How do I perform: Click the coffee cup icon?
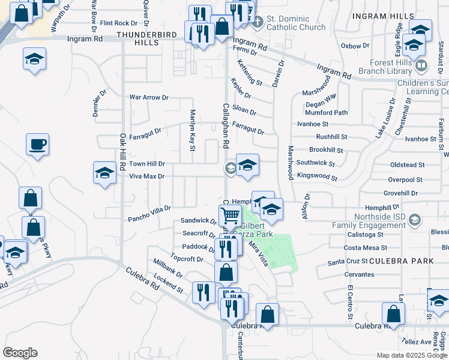37,145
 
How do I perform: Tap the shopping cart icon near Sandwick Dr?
229,215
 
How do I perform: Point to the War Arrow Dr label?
149,97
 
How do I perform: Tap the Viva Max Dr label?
146,176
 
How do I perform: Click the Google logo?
20,353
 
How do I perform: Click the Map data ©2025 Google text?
412,355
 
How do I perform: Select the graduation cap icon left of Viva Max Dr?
105,173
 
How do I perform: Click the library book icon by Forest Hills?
421,65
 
